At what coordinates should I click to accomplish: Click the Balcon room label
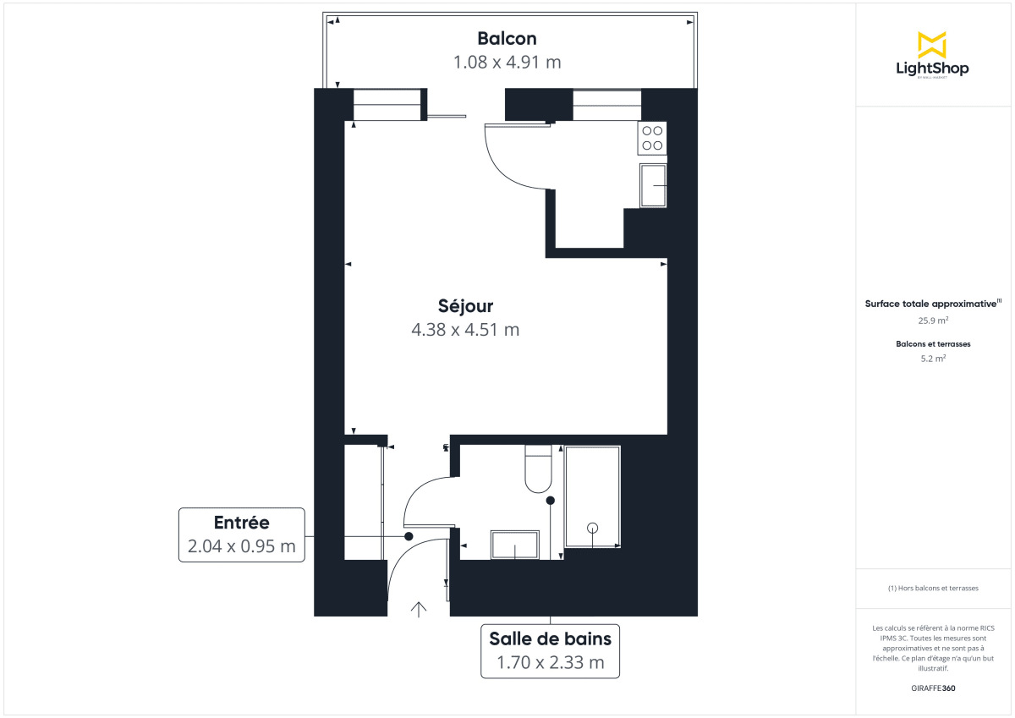coord(507,38)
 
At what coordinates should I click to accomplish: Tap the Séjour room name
coord(465,305)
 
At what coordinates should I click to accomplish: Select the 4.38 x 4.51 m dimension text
coord(465,330)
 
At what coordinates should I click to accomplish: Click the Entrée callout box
coord(241,534)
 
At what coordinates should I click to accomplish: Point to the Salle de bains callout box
coord(550,650)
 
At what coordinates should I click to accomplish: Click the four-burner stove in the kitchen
coord(652,138)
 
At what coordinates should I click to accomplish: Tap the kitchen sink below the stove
coord(653,185)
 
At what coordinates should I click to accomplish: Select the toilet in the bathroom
coord(538,469)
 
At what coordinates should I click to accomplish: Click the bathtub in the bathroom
coord(592,497)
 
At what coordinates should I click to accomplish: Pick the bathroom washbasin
coord(515,545)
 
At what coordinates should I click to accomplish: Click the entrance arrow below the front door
coord(418,608)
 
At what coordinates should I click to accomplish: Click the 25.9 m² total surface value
coord(933,321)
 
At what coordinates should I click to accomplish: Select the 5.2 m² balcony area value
coord(933,359)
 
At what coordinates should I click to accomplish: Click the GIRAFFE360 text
coord(933,688)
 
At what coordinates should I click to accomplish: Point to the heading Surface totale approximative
coord(931,303)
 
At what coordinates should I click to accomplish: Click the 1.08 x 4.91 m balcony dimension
coord(507,62)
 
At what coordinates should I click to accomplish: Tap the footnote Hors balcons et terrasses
coord(933,588)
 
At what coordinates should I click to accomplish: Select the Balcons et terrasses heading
coord(933,344)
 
